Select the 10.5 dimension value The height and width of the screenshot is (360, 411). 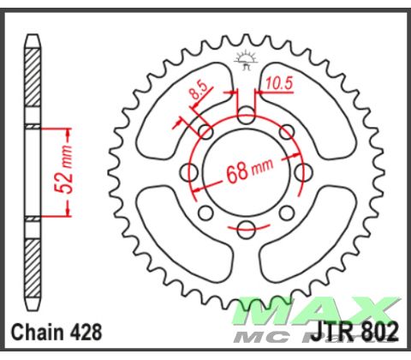point(279,82)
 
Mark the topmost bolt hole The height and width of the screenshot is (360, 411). point(247,111)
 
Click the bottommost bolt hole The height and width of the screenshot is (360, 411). point(247,228)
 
